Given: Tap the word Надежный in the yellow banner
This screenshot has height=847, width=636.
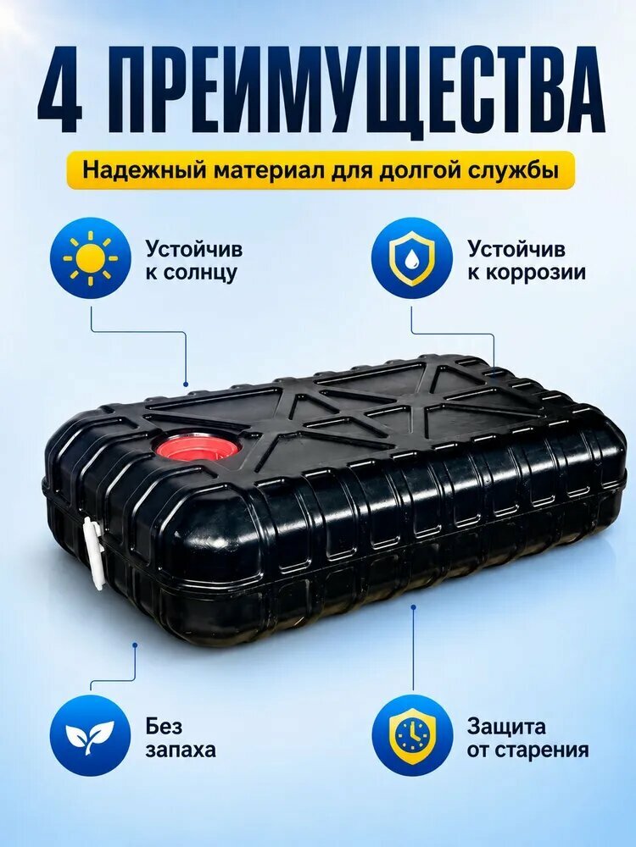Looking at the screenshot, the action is click(x=143, y=172).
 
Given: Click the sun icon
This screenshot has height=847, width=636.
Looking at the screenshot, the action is click(x=91, y=257).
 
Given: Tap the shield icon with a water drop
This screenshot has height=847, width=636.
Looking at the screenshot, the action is click(x=412, y=257).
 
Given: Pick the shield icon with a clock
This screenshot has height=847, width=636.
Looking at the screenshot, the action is click(x=412, y=735).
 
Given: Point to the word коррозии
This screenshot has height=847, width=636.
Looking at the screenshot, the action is click(x=527, y=272).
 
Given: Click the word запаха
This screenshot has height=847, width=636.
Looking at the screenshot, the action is click(x=180, y=750).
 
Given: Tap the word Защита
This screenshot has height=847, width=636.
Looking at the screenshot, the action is click(x=506, y=727).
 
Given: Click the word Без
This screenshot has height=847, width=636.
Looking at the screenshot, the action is click(x=164, y=727).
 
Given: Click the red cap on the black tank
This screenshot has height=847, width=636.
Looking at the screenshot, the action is click(x=197, y=446).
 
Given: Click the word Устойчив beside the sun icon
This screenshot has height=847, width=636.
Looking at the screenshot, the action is click(x=193, y=249).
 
